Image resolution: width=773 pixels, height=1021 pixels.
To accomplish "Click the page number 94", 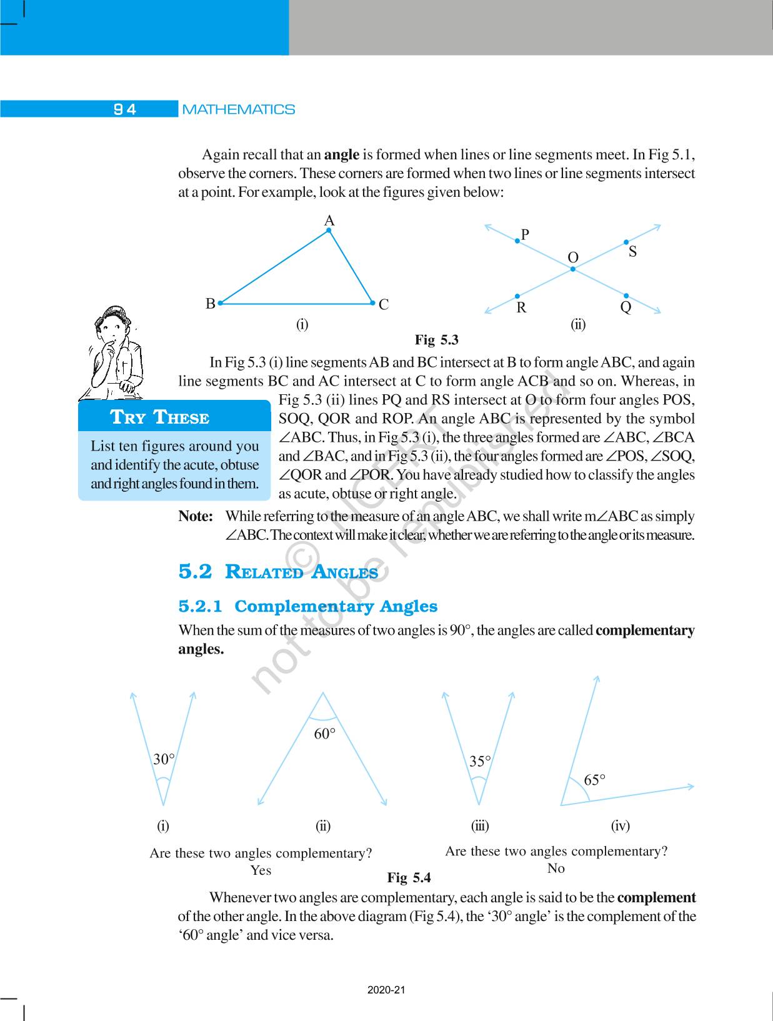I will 125,109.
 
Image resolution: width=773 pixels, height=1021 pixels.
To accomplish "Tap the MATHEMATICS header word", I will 239,109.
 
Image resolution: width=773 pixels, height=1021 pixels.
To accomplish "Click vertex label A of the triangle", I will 329,221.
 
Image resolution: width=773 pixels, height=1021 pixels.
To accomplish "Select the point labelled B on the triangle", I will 211,304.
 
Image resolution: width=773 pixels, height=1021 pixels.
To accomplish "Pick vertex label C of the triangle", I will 384,304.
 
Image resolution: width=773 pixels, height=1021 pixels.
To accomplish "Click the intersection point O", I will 572,269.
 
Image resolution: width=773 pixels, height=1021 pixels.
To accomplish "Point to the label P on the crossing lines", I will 525,234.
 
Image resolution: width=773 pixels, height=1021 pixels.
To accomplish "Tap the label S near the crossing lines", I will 632,252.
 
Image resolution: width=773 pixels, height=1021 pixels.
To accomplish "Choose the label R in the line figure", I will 521,307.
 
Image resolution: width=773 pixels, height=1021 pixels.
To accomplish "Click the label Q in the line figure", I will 626,307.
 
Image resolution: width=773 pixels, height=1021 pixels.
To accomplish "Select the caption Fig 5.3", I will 436,340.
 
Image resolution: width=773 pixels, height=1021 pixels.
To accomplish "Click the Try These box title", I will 159,417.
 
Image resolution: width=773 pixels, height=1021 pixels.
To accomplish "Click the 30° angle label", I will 164,759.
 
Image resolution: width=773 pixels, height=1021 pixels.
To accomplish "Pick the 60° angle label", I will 325,734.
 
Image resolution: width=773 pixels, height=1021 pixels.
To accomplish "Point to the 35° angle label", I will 480,761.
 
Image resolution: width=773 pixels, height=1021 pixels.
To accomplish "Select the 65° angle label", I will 594,780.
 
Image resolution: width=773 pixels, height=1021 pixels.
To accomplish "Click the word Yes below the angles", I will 261,870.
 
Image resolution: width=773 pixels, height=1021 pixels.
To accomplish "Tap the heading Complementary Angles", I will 336,606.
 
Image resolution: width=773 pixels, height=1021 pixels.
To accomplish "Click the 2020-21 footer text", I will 386,990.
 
